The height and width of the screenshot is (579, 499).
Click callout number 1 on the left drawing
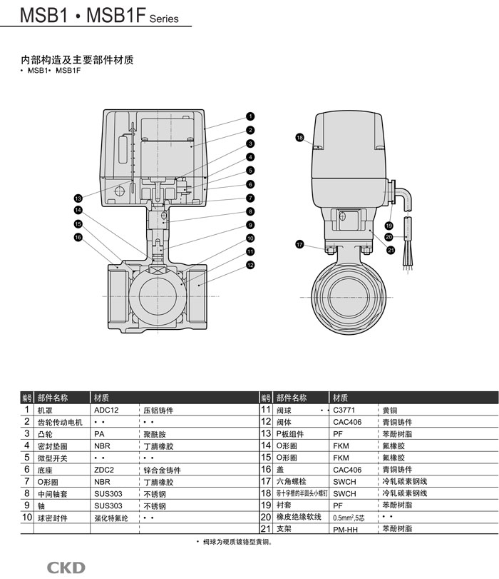click(251, 116)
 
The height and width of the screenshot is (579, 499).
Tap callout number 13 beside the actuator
click(78, 198)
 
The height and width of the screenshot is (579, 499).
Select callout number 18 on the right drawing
click(299, 137)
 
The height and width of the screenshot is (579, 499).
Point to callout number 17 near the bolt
click(299, 245)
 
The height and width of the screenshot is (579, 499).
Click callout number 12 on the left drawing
click(251, 265)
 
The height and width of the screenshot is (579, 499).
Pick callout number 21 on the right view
click(391, 249)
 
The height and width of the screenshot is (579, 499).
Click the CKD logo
click(66, 568)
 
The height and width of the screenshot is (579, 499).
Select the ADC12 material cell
click(106, 411)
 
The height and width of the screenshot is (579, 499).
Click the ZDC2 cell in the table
click(104, 470)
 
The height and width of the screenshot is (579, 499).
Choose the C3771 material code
click(344, 411)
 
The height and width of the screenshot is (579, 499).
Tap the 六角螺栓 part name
click(290, 482)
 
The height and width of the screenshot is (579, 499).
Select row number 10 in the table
click(27, 517)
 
